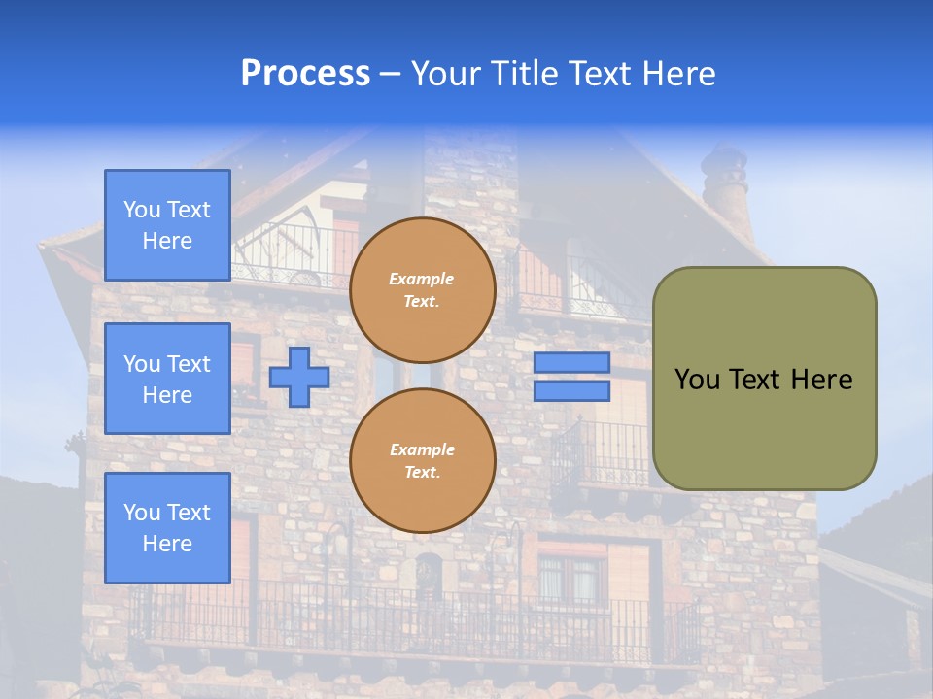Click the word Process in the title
point(305,73)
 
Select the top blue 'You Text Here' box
point(167,225)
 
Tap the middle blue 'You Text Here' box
point(167,379)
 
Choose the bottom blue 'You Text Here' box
point(167,528)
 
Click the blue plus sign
point(299,377)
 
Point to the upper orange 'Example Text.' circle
point(422,289)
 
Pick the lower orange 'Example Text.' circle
point(422,460)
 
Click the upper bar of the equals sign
point(571,362)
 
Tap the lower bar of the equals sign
point(571,391)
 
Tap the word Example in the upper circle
point(422,279)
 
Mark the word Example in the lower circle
point(422,449)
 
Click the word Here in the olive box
point(821,380)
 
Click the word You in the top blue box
point(142,210)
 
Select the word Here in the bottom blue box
point(167,544)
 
